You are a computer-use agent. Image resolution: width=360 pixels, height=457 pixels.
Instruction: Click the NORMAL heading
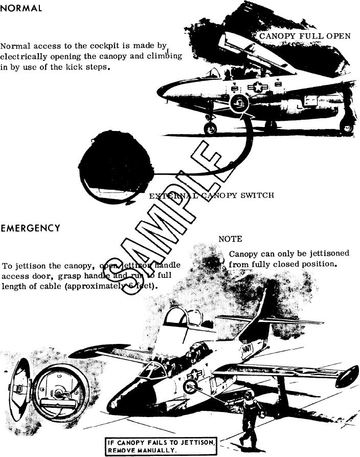pos(21,9)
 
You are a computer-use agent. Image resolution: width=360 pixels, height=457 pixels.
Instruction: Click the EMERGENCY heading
pos(30,228)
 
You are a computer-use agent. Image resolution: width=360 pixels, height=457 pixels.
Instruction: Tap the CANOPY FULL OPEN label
pos(305,36)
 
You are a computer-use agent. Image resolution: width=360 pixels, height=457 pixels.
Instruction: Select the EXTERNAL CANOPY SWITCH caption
pos(211,195)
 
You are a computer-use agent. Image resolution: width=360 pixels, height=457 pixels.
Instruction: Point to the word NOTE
pos(230,239)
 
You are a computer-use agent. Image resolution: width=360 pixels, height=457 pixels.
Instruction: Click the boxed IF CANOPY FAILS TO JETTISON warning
pos(161,446)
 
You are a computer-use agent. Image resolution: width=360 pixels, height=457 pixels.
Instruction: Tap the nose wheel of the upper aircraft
pos(210,128)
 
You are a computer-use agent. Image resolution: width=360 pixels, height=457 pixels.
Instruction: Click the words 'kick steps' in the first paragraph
pos(89,68)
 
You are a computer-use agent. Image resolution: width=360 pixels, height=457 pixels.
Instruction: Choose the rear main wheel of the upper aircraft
pos(346,126)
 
